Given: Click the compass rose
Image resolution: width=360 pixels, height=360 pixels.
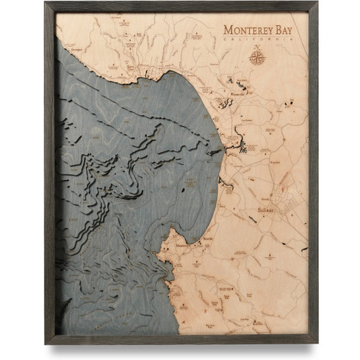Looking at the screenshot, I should [256, 55].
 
